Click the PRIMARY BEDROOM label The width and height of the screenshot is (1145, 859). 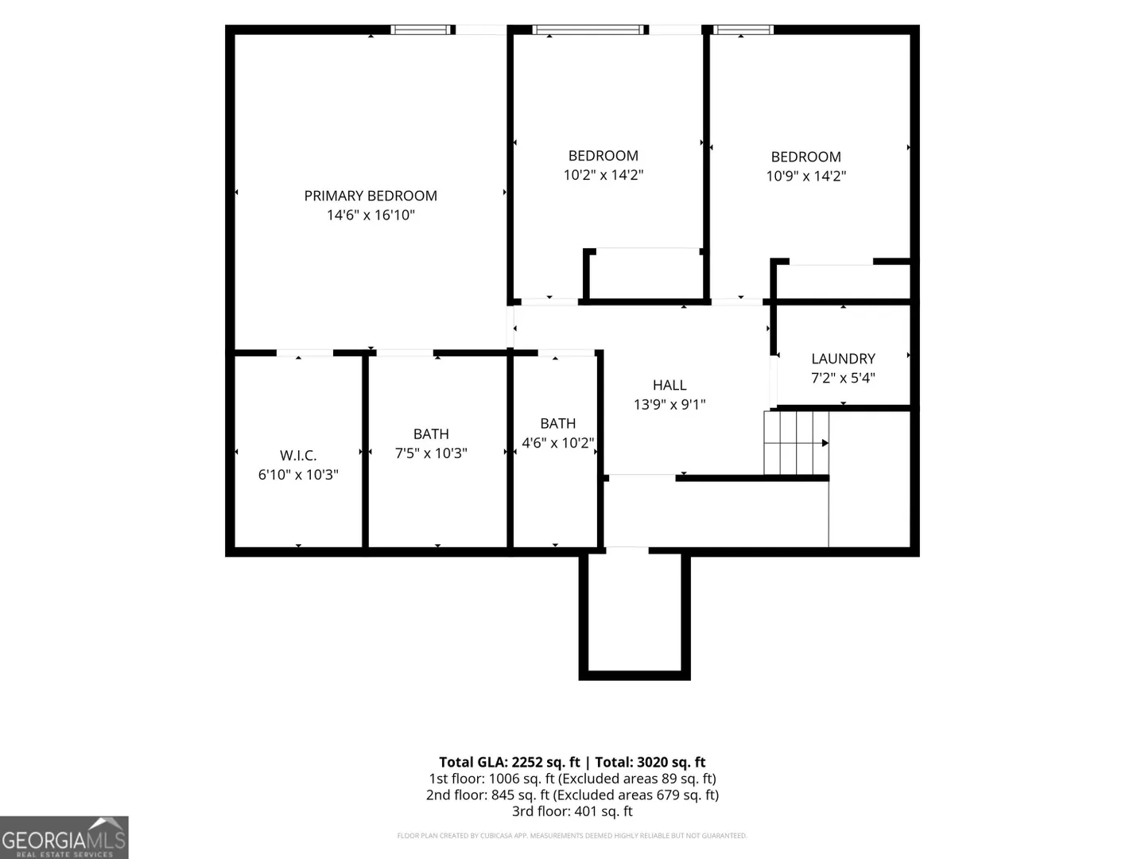[x=371, y=196]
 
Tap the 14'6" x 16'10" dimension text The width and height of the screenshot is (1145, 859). [x=371, y=215]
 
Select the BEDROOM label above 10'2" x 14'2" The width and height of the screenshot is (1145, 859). [x=603, y=155]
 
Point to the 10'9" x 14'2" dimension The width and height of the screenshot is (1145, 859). [x=805, y=176]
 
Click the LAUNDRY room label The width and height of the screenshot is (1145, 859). [x=843, y=359]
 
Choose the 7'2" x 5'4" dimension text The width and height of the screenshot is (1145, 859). [x=843, y=378]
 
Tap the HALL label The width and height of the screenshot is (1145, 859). [x=670, y=385]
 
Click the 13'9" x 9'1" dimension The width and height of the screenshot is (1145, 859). [x=670, y=404]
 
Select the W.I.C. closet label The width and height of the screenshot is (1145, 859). [x=298, y=455]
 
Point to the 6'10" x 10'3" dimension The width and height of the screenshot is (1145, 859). [x=298, y=475]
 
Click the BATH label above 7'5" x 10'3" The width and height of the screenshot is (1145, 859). [x=431, y=434]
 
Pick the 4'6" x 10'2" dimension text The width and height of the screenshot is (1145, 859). [x=557, y=443]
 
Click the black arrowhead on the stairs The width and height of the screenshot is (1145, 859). [x=825, y=443]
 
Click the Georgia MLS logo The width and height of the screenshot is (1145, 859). [x=64, y=838]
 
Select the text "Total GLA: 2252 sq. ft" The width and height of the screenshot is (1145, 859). [x=509, y=763]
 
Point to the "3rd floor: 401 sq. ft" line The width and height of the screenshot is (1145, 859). [x=572, y=811]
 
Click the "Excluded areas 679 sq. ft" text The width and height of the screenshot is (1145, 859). [x=635, y=795]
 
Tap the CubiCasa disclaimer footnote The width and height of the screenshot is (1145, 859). [x=572, y=835]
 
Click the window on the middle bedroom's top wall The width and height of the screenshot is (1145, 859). [x=588, y=29]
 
